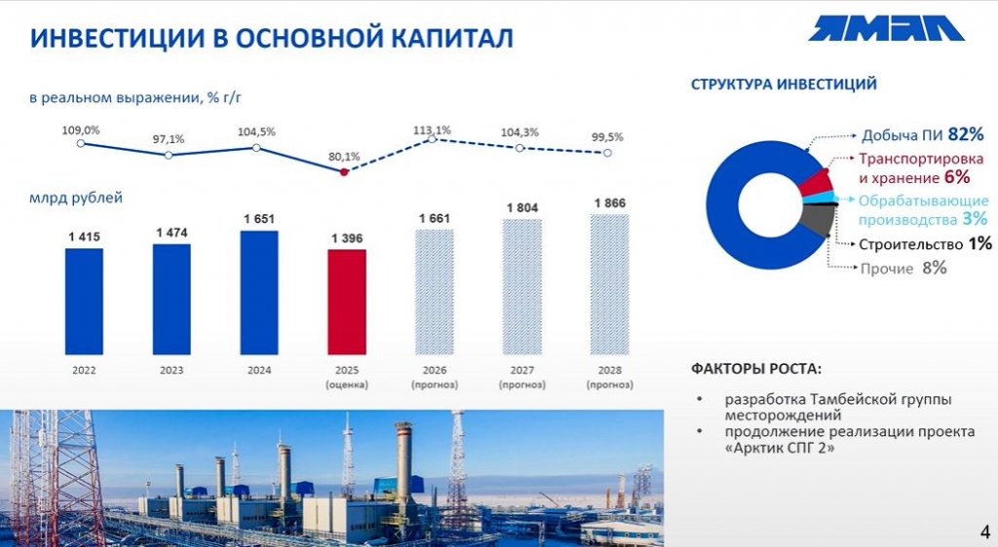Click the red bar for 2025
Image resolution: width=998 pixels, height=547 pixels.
tap(346, 302)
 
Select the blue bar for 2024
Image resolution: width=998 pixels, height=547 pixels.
tap(258, 292)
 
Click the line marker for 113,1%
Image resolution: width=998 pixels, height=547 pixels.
tap(432, 140)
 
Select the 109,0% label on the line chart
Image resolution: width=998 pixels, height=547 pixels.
tap(81, 129)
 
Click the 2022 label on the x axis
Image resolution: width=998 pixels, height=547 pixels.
tap(83, 371)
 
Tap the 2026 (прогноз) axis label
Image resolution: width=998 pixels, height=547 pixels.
tap(434, 378)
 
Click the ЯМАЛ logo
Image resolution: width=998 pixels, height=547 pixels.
tap(885, 28)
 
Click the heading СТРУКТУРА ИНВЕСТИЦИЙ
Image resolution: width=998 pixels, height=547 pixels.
tap(784, 85)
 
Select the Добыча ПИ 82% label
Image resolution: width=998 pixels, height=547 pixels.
tap(922, 134)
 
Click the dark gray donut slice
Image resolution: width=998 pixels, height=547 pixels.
tap(818, 222)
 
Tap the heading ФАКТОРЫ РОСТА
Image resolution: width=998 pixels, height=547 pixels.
tap(756, 370)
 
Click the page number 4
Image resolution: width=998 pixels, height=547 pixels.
tap(983, 531)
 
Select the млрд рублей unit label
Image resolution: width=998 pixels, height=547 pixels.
tap(76, 198)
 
